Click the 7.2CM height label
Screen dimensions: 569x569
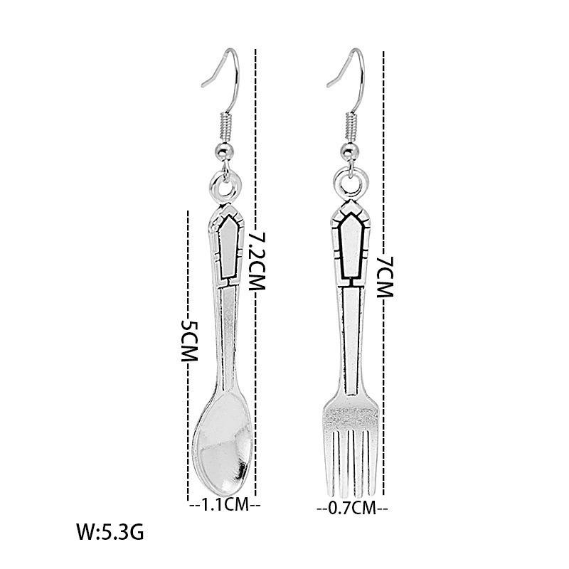pos(257,260)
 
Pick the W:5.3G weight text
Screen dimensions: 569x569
pos(110,532)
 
